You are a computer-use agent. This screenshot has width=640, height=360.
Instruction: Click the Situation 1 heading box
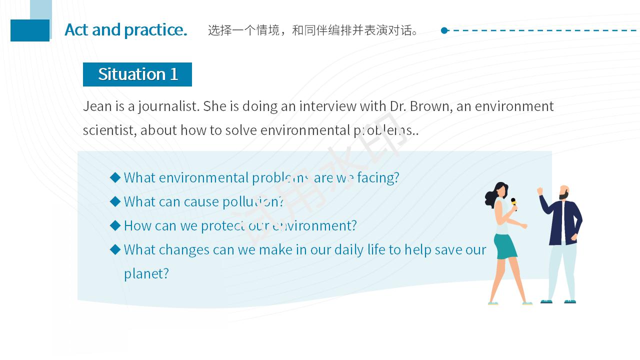coord(137,74)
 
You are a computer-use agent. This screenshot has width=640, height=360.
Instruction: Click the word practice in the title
coord(155,30)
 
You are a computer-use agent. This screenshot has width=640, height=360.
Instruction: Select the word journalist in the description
coord(168,107)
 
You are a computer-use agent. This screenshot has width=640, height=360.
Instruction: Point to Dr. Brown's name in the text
coord(421,106)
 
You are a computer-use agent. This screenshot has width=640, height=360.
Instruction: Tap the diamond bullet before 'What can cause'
coord(115,201)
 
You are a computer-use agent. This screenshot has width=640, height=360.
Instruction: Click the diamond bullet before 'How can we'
coord(115,225)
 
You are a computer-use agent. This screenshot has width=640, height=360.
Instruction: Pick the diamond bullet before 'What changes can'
coord(115,249)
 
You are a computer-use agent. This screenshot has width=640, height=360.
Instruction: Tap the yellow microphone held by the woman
coord(513,204)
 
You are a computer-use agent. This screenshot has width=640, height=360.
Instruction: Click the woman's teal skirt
coord(506,246)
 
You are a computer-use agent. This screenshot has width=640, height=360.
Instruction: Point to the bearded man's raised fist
coord(539,191)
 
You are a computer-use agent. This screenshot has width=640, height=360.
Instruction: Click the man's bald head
coord(564,190)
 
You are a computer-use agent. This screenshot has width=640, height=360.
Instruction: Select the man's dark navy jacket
coord(561,221)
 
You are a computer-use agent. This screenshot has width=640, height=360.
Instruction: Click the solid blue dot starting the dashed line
coord(444,30)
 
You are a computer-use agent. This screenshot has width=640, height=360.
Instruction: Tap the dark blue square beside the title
coord(30,30)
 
